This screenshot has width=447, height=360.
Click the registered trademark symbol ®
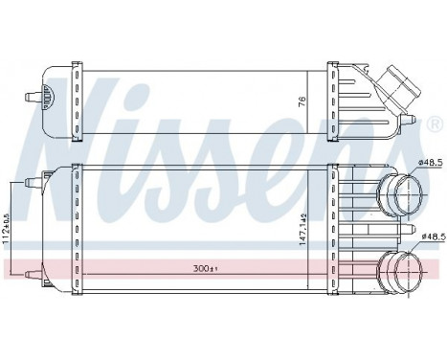(436, 126)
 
